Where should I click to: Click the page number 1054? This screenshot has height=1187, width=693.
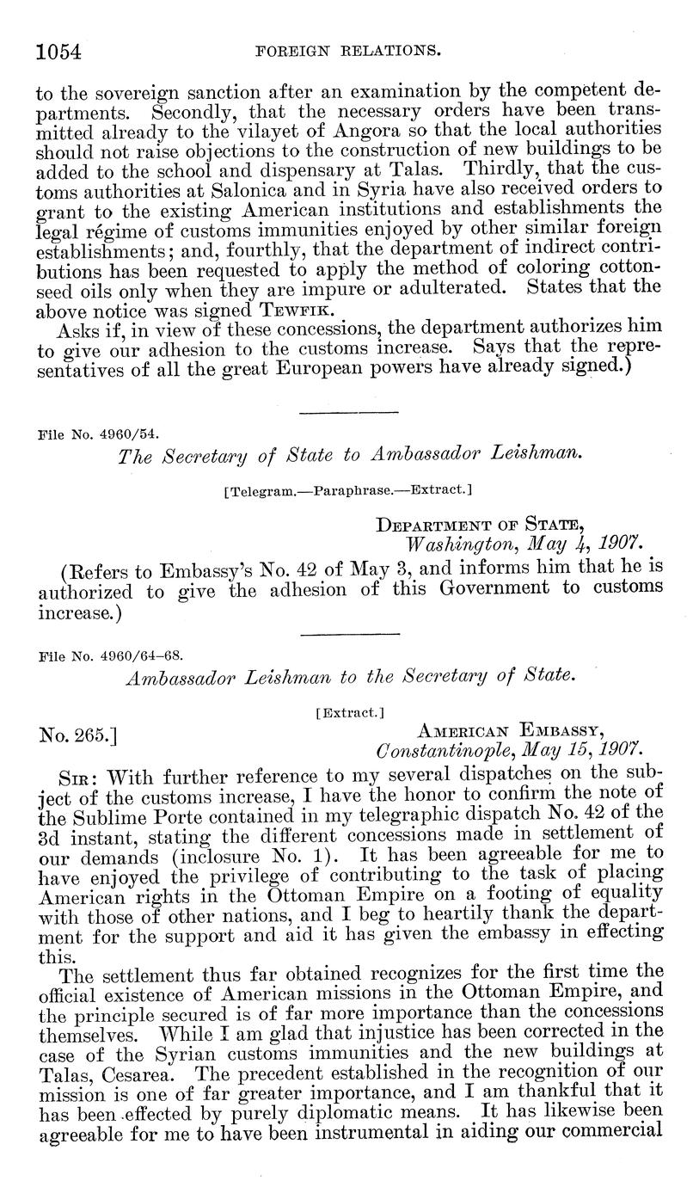[x=59, y=52]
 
